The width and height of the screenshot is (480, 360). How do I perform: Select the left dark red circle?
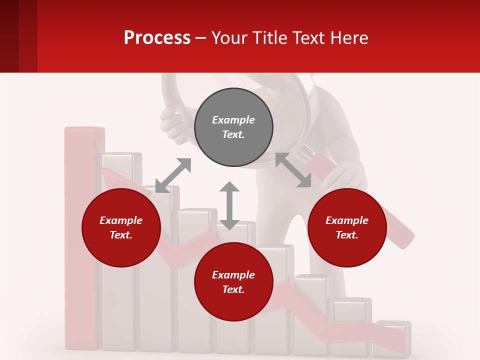(121, 227)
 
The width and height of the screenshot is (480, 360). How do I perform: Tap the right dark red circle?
(347, 227)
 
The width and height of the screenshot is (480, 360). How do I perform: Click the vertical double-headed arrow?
(229, 205)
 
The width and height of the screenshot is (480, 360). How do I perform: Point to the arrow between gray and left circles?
(173, 175)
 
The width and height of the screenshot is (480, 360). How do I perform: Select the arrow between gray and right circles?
(293, 170)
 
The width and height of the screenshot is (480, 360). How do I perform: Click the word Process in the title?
(157, 37)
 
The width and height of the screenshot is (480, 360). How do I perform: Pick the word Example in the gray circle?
(233, 120)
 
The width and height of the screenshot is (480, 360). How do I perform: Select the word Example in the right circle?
(347, 220)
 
